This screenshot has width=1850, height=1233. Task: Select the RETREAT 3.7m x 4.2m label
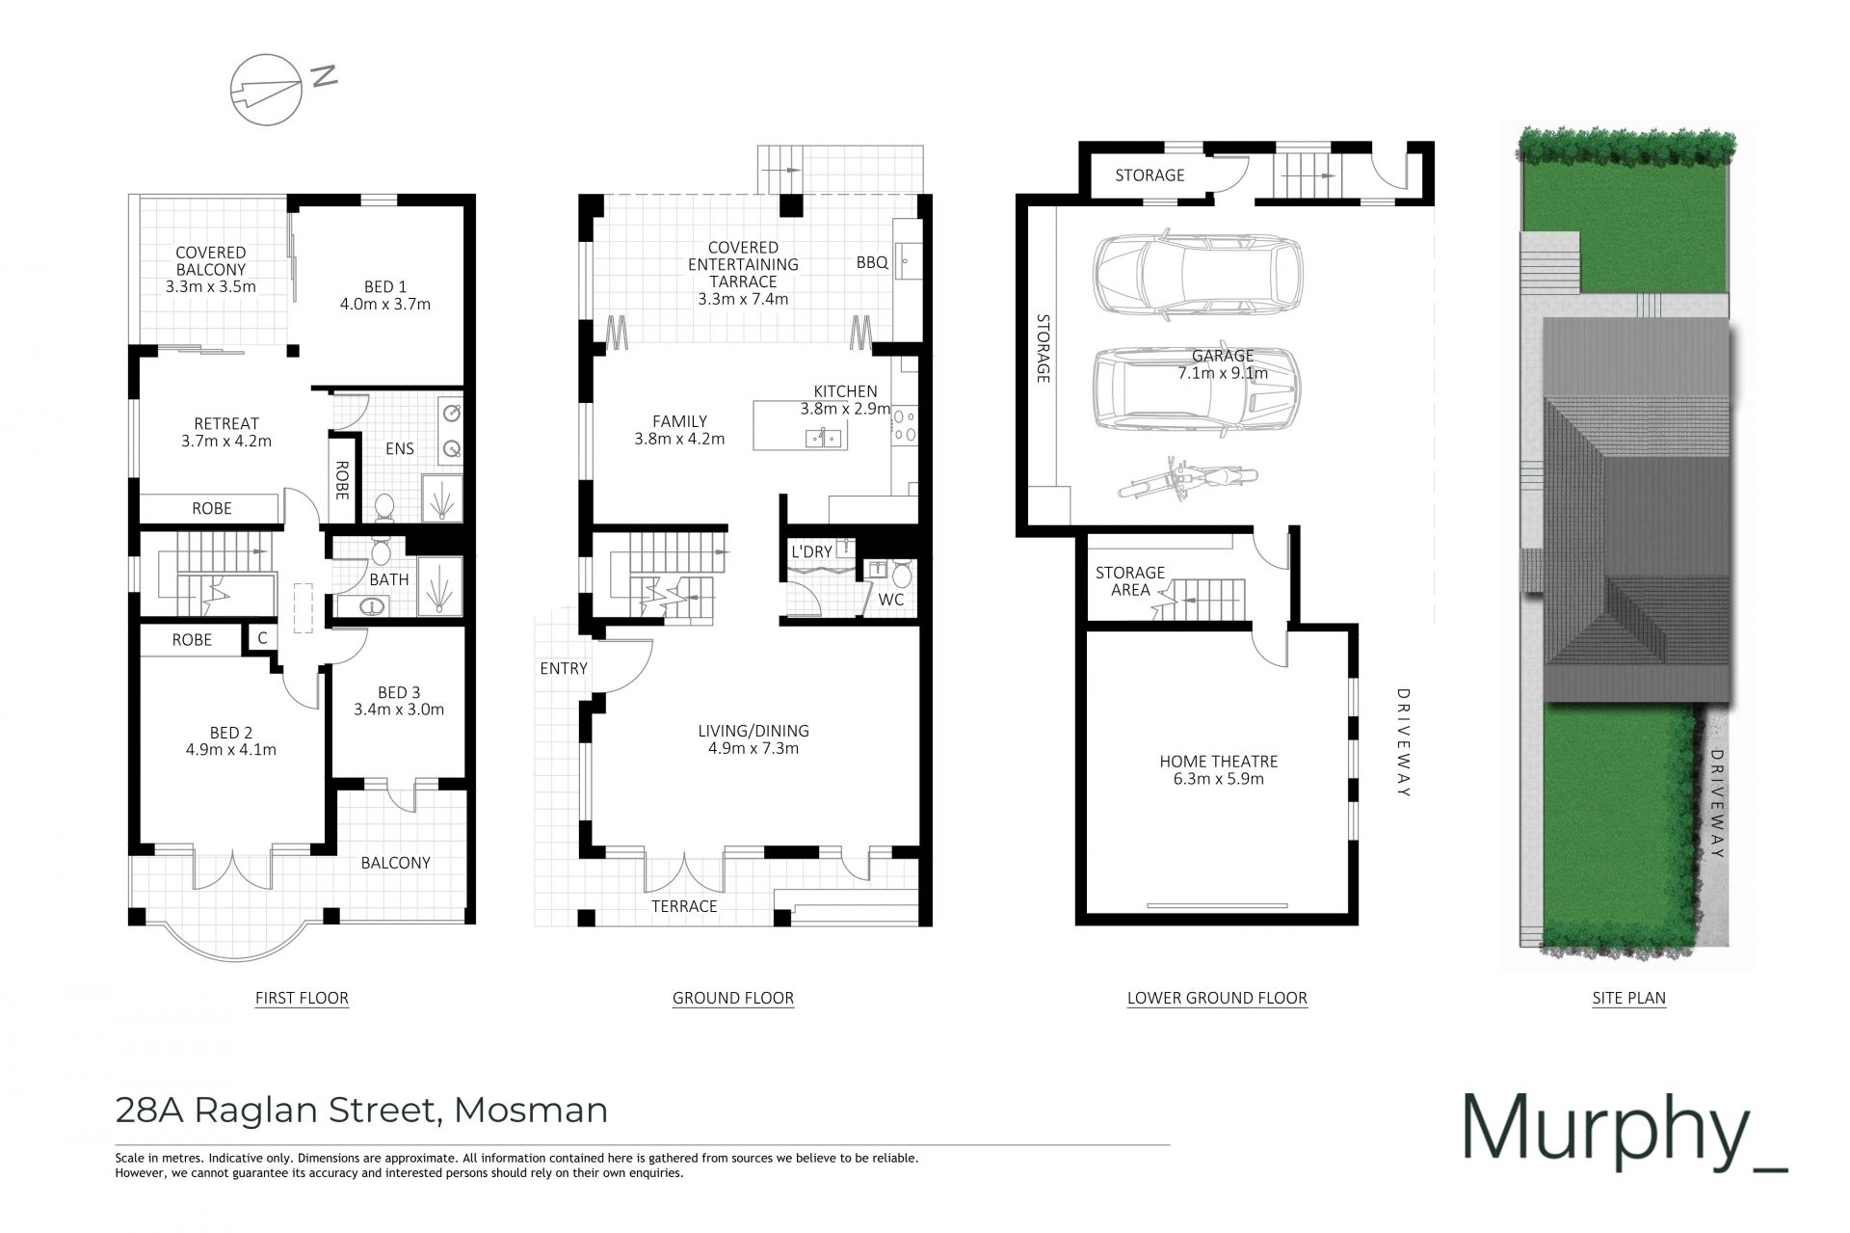[x=226, y=432]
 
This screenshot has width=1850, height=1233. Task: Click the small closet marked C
[x=261, y=638]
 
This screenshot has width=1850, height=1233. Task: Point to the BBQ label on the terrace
[x=872, y=262]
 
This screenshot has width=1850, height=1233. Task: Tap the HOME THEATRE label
[x=1218, y=761]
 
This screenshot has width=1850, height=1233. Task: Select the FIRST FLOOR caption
[x=302, y=998]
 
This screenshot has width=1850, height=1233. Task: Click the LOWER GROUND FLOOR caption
[x=1217, y=998]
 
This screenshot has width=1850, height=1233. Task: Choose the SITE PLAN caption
[x=1628, y=998]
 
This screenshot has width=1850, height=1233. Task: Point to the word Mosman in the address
[x=531, y=1110]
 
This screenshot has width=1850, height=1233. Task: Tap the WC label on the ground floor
[x=890, y=600]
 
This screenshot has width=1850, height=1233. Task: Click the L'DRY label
[x=811, y=551]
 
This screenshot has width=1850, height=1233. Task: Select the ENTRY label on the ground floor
[x=564, y=668]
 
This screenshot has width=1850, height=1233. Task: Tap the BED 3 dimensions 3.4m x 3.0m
[x=399, y=710]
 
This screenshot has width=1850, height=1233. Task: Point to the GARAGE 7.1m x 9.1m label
[x=1223, y=364]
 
